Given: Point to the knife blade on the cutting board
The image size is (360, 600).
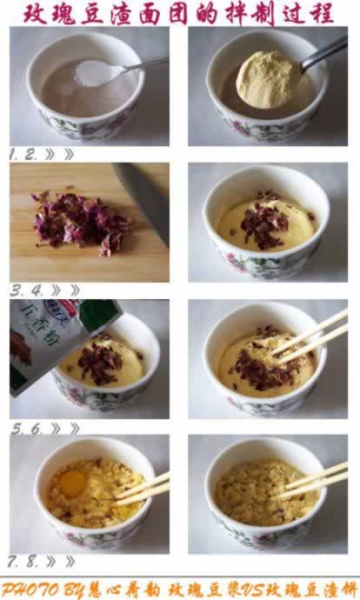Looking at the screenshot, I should click(143, 197).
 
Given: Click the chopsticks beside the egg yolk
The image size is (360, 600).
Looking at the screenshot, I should click(144, 488).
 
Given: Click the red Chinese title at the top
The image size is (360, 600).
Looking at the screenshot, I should click(179, 13).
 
